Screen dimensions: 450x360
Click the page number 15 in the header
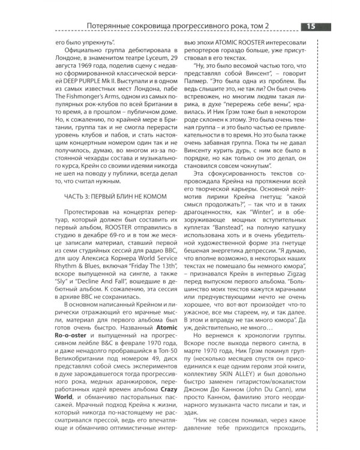[x=312, y=26]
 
